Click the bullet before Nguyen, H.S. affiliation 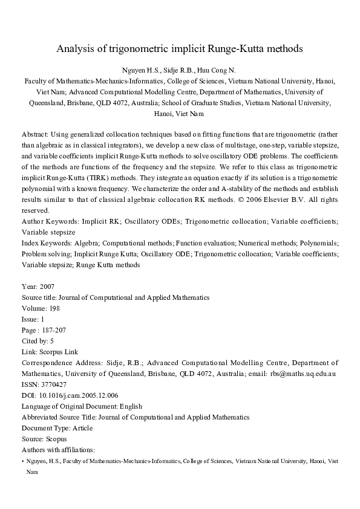click(x=22, y=461)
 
